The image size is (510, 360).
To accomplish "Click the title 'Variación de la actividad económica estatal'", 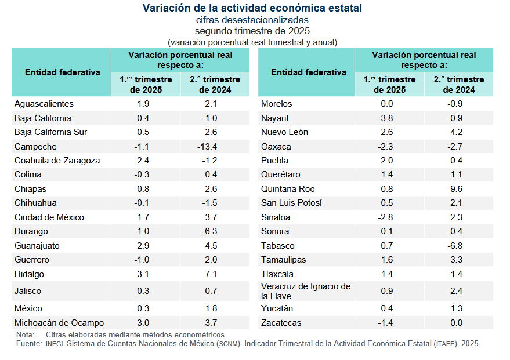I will click(252, 8).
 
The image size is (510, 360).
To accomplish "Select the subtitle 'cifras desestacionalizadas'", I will click(252, 20).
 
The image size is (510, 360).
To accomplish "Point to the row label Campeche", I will click(35, 147).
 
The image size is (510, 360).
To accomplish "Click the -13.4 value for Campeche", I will click(211, 147).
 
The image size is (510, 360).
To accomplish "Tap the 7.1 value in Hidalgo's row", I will click(211, 274).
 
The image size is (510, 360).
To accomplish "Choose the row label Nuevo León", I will click(284, 132).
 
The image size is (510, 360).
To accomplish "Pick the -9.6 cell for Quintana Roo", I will click(456, 189).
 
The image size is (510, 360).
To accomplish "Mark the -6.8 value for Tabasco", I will click(456, 246).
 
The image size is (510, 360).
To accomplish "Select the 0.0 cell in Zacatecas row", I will click(456, 323).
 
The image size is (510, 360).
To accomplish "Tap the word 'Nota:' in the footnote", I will click(26, 335).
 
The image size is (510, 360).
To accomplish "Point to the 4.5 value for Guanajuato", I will click(211, 246).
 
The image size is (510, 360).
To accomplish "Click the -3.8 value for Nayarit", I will click(386, 118).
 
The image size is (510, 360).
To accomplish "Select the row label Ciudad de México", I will click(49, 217).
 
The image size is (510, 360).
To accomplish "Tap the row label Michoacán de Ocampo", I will click(59, 323).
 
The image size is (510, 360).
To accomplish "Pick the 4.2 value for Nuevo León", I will click(456, 132).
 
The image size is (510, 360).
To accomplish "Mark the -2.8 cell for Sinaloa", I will click(386, 217).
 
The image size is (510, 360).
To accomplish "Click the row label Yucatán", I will click(277, 308).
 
